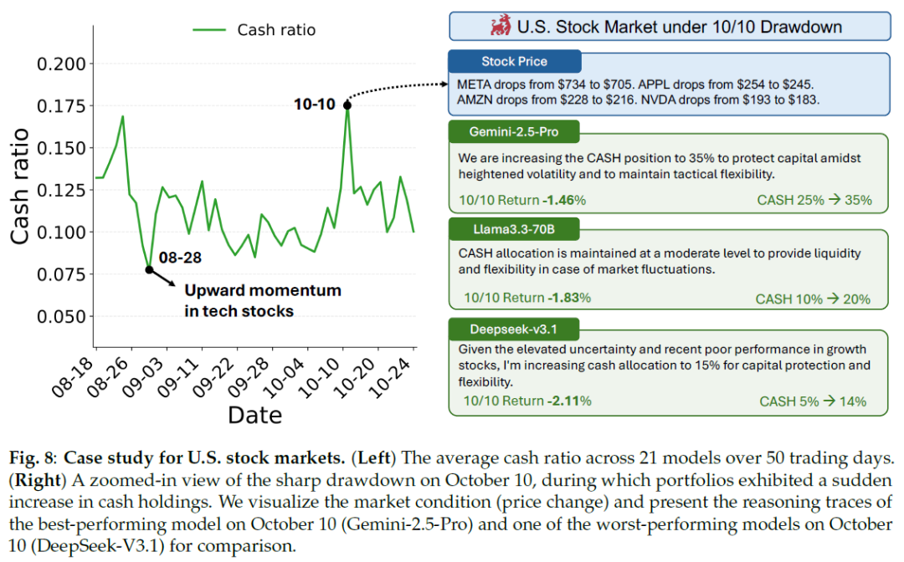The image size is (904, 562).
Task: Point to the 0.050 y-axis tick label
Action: [x=61, y=317]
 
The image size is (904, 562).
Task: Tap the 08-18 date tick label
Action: [x=71, y=378]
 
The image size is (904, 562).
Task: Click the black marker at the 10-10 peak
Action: [x=347, y=105]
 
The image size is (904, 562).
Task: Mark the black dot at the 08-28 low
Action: [x=149, y=269]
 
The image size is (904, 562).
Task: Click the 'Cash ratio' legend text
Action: [x=276, y=30]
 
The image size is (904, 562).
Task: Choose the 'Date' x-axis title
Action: [x=254, y=415]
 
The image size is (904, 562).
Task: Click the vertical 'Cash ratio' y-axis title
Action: [x=19, y=186]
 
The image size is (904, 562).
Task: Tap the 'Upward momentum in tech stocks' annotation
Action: [x=263, y=300]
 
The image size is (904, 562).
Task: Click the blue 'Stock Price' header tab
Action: [x=514, y=62]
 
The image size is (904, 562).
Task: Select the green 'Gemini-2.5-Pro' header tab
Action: [x=514, y=132]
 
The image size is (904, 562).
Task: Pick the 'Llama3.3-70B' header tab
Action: [x=514, y=229]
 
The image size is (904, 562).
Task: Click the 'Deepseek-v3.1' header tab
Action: [x=514, y=330]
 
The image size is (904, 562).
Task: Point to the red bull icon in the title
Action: [x=501, y=26]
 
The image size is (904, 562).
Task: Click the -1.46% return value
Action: [x=564, y=201]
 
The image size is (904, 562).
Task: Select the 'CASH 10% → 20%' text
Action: [x=813, y=299]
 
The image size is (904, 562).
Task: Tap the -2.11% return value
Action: [x=569, y=401]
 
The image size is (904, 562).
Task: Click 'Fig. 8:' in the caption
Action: [x=33, y=458]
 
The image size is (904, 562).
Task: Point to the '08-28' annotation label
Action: [x=180, y=258]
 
